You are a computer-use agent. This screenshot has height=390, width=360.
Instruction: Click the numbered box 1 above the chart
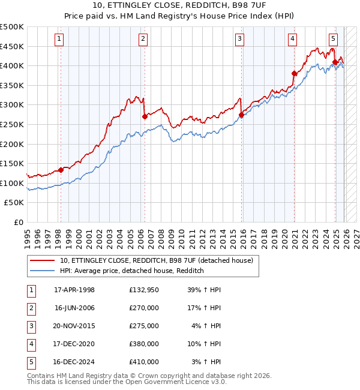60,40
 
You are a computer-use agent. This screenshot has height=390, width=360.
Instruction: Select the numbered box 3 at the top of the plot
239,40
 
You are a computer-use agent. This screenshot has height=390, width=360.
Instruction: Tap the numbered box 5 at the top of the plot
333,40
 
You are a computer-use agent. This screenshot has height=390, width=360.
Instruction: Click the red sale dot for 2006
145,117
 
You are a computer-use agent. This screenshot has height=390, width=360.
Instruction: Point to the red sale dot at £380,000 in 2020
294,74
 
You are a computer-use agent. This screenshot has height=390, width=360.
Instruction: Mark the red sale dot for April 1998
61,170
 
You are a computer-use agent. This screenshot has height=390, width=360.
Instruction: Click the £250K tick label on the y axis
12,124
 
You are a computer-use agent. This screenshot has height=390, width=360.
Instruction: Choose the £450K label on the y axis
12,46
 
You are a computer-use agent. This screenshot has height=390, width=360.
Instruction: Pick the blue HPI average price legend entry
132,271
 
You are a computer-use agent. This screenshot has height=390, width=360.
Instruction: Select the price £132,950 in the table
143,290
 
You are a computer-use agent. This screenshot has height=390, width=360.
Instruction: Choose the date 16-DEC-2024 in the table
74,362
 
